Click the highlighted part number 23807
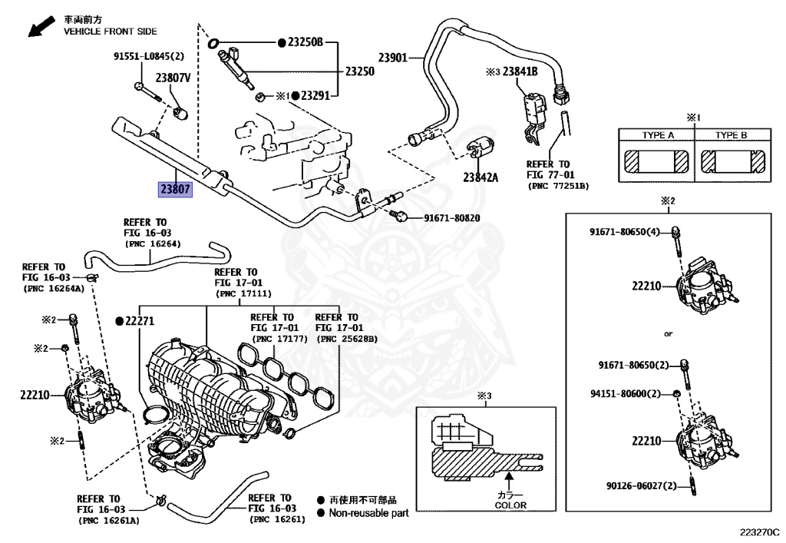pos(175,189)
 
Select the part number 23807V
pos(173,78)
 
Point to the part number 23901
pos(392,57)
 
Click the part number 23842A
pos(481,177)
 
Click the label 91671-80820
pos(452,218)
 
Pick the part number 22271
pos(140,320)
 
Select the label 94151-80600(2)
pos(625,394)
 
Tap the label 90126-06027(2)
pos(641,485)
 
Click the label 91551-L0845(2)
pos(149,56)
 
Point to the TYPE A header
pos(658,135)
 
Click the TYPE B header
pos(731,135)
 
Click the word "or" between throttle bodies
pos(669,335)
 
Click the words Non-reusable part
pos(368,512)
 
